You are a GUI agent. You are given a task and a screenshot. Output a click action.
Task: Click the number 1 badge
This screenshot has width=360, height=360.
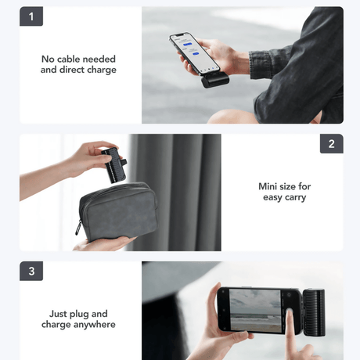[31, 16]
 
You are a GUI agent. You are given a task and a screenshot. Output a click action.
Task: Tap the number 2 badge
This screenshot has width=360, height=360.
[332, 144]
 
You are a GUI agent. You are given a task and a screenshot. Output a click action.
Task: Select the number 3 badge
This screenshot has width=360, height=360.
[31, 271]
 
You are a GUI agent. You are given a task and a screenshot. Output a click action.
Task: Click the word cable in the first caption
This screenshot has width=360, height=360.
[70, 59]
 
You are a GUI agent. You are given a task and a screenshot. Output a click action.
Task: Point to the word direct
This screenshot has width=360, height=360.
[72, 70]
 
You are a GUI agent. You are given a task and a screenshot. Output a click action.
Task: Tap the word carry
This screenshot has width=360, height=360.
[295, 197]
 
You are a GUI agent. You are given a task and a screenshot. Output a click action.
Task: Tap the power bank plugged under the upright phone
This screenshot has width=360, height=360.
[215, 80]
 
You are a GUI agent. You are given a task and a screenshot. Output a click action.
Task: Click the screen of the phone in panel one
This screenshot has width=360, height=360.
[194, 53]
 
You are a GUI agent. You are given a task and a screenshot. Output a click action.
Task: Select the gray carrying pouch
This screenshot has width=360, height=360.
[118, 211]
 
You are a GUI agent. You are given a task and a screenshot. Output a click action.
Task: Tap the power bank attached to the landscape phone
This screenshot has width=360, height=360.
[314, 312]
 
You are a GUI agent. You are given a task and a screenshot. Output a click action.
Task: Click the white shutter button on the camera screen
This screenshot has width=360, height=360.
[289, 311]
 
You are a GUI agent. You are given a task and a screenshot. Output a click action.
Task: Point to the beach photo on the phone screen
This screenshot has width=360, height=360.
[255, 311]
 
